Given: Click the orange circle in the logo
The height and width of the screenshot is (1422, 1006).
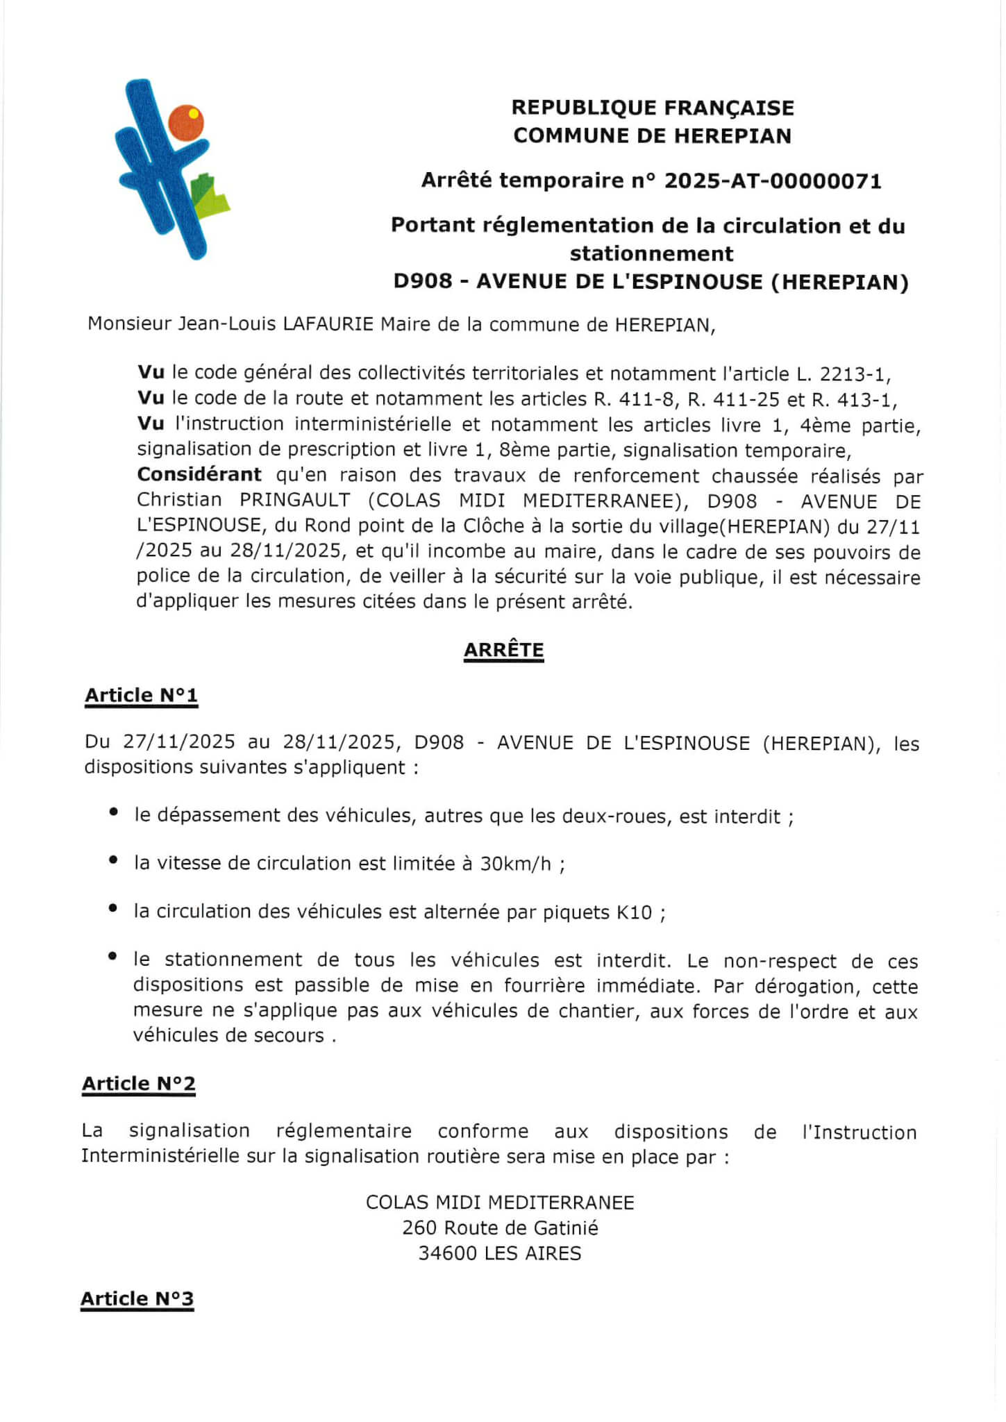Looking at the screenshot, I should (x=186, y=123).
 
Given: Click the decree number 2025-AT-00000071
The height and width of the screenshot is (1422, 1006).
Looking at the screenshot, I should (x=773, y=181).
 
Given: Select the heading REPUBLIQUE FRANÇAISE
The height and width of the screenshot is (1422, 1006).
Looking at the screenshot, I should (x=653, y=108).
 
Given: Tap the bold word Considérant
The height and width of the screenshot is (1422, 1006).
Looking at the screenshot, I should (x=199, y=475).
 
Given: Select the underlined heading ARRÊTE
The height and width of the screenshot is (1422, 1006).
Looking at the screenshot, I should (x=503, y=650).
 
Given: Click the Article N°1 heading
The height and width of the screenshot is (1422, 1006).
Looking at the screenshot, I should (x=141, y=695).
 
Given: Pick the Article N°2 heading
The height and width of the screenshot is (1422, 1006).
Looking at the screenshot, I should (x=139, y=1083).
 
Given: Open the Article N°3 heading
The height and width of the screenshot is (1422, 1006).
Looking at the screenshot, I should (x=137, y=1298).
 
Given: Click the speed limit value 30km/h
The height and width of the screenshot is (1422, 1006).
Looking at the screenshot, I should (x=516, y=864).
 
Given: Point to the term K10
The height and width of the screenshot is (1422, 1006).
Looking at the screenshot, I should (x=634, y=912).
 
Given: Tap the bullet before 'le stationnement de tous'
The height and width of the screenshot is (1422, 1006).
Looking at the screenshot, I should (x=112, y=957).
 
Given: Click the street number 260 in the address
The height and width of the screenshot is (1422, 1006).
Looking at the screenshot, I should (x=419, y=1228).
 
